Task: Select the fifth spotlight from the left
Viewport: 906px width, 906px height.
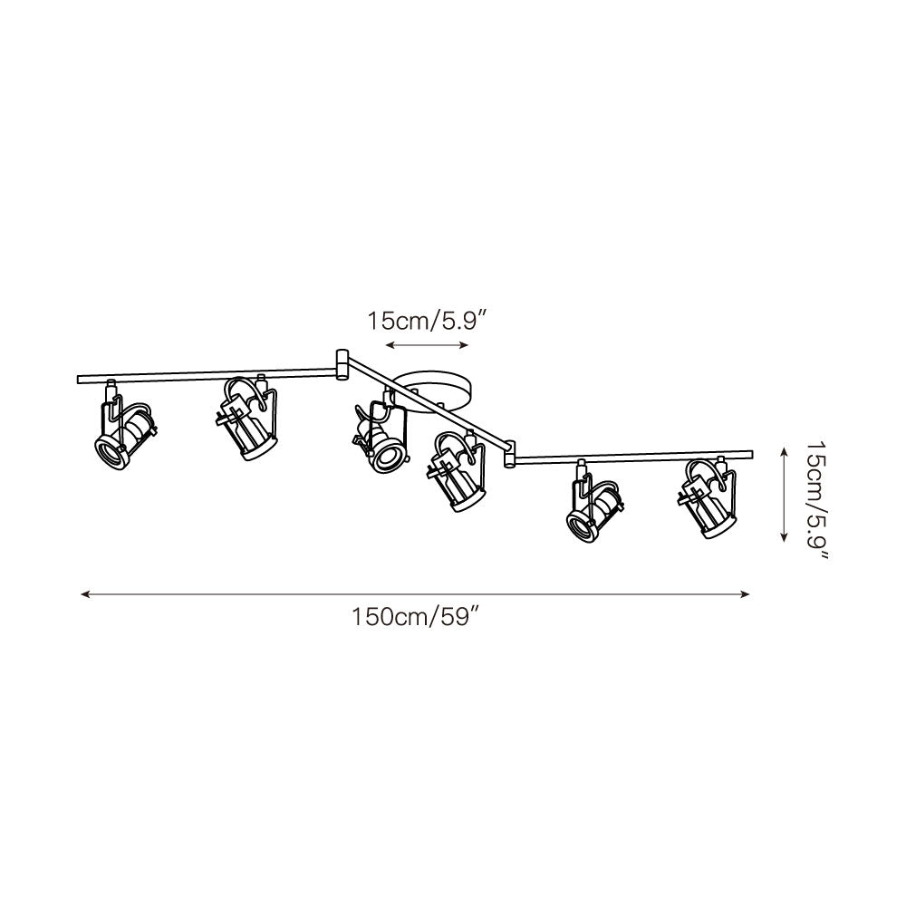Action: pyautogui.click(x=593, y=504)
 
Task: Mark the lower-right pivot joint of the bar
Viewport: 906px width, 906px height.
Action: pyautogui.click(x=510, y=453)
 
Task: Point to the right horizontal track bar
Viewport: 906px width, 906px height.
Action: pyautogui.click(x=634, y=456)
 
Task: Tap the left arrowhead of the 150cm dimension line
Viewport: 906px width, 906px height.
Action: pyautogui.click(x=84, y=594)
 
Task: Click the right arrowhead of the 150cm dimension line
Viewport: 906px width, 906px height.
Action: pyautogui.click(x=747, y=594)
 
